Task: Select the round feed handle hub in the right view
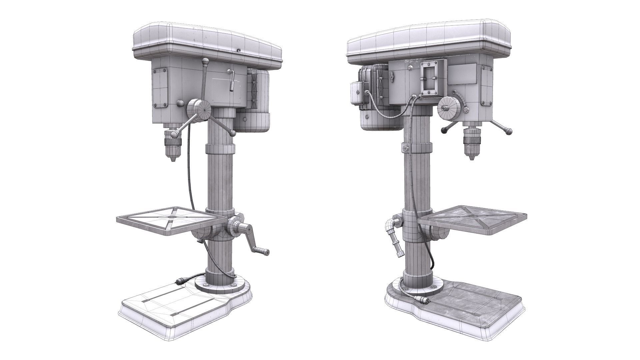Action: [448, 108]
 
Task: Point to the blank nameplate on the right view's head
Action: [462, 78]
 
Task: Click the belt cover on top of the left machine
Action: [207, 42]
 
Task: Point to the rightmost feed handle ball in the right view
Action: [509, 132]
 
